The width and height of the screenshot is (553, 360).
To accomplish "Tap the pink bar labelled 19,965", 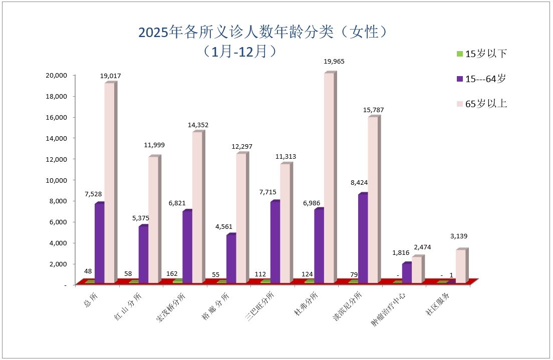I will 329,178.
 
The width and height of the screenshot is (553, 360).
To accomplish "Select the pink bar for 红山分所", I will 153,220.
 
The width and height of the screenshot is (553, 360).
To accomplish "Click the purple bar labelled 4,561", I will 231,259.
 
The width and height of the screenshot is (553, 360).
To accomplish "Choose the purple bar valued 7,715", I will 275,242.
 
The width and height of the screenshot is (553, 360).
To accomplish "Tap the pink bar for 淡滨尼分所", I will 373,200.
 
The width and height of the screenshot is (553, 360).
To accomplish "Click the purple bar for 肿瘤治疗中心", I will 406,273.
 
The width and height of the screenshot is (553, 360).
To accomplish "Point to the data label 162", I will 172,274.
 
